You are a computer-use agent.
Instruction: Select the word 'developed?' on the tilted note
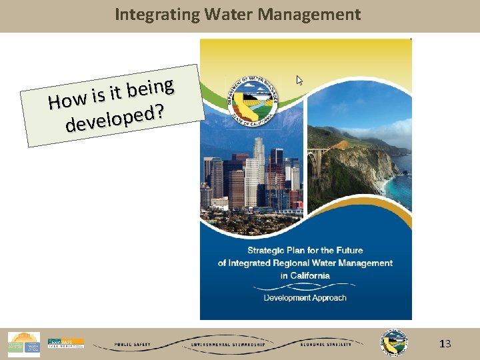[x=115, y=119]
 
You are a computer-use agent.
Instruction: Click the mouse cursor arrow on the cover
[x=299, y=80]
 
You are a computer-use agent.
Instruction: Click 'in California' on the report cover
[x=305, y=275]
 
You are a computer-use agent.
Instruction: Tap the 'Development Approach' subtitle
[x=305, y=298]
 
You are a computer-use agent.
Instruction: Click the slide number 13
[x=445, y=344]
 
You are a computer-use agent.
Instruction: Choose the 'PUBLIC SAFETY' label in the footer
[x=132, y=345]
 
